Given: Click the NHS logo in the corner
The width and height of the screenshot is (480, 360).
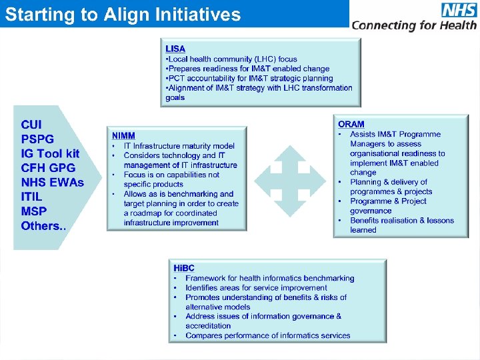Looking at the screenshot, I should tap(459, 10).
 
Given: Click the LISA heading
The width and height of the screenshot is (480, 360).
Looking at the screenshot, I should tap(175, 49).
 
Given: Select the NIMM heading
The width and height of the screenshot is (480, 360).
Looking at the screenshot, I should tap(123, 135).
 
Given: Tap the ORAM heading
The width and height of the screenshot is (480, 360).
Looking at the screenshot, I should tap(351, 124).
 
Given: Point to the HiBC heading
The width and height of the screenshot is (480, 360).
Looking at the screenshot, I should tap(184, 268).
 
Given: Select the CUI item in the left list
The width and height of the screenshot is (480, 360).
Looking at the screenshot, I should tap(31, 125).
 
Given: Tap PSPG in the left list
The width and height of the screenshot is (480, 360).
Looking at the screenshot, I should tap(37, 139).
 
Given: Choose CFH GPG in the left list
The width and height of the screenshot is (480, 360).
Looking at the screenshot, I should tap(48, 168).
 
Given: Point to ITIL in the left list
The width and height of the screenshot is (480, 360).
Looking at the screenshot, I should tap(32, 197).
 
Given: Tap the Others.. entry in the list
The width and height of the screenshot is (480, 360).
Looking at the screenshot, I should tap(43, 225).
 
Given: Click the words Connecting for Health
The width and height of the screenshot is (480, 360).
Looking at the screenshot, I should tap(414, 25).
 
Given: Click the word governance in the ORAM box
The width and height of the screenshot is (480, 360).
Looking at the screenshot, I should tap(371, 211).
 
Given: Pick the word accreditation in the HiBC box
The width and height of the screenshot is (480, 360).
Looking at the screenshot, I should tap(208, 326).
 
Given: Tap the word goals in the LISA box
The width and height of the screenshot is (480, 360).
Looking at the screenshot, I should tap(175, 97).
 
